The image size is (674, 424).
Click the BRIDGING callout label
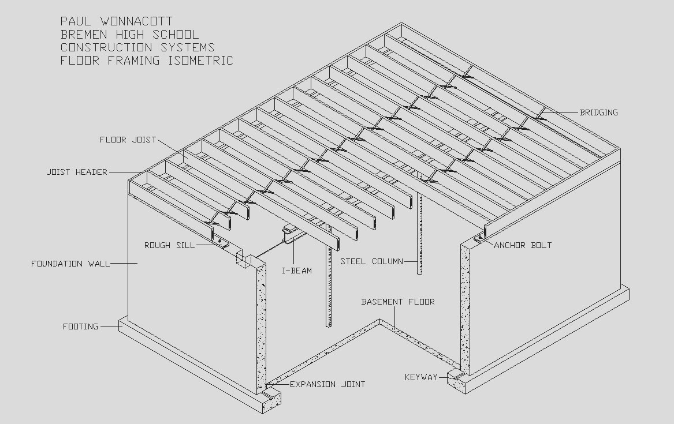coord(598,112)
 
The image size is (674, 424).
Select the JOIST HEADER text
coord(77,172)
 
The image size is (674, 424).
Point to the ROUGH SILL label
coord(165,245)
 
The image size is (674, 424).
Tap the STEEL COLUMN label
coord(371,261)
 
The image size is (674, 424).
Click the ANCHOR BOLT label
coord(523,245)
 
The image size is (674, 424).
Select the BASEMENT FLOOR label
coord(398,302)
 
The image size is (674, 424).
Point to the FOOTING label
coord(80,327)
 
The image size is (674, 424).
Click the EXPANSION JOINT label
coord(327,384)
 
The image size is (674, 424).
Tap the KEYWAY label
coord(421,377)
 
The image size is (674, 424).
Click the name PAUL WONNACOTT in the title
coord(117,21)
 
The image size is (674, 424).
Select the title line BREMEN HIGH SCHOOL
coord(129,34)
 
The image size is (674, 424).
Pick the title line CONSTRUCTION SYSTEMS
coord(137,47)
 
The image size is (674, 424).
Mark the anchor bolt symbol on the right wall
coord(479,238)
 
